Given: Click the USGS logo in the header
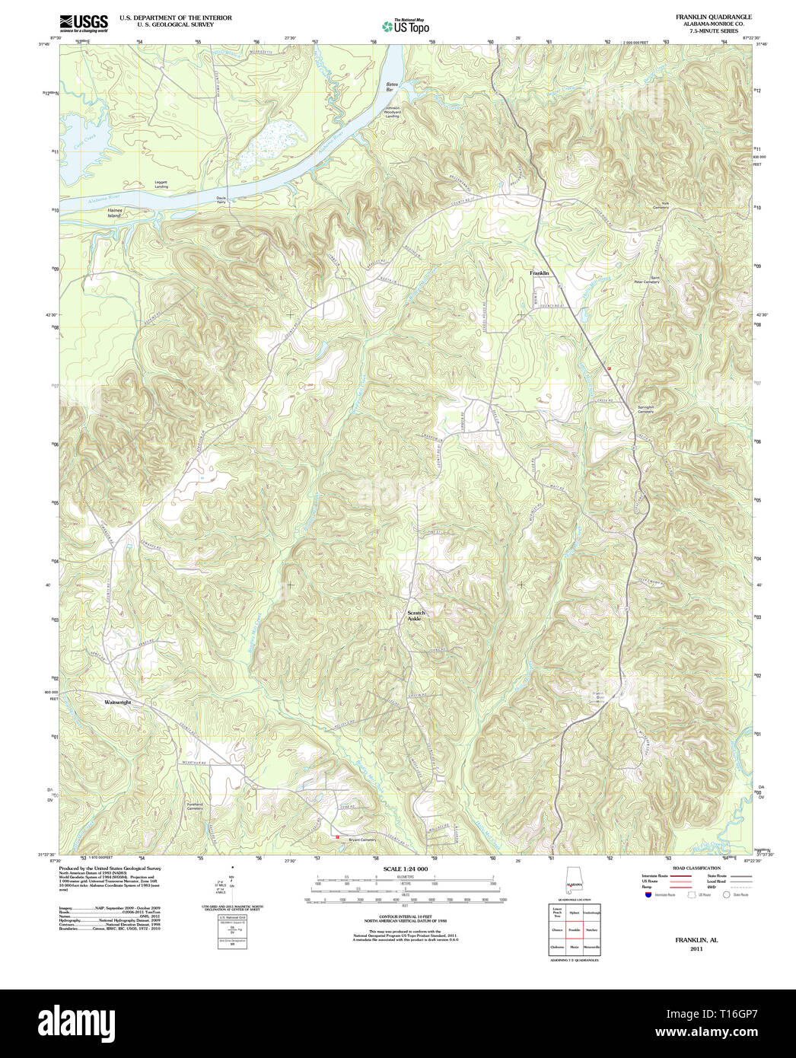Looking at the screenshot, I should pyautogui.click(x=83, y=22).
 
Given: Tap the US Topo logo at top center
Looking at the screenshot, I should pyautogui.click(x=406, y=26).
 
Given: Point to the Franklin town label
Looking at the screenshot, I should pyautogui.click(x=540, y=272).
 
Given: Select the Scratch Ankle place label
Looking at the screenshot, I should pyautogui.click(x=416, y=616).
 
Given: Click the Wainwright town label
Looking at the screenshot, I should pyautogui.click(x=117, y=702).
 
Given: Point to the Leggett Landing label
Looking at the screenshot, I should pyautogui.click(x=161, y=184).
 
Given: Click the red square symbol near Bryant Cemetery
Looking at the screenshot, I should pyautogui.click(x=337, y=837).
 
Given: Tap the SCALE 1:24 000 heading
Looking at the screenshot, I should pyautogui.click(x=405, y=868).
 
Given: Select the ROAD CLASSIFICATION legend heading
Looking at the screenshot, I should pyautogui.click(x=696, y=868).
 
